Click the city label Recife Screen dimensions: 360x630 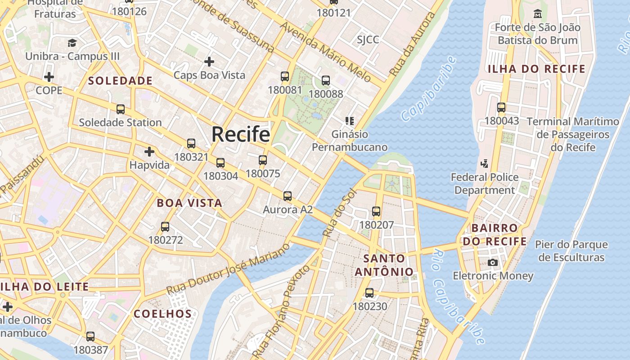point(241,134)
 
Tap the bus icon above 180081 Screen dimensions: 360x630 point(285,76)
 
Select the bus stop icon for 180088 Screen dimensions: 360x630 point(326,81)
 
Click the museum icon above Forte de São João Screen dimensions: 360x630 point(537,14)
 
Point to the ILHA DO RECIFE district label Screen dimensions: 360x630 point(537,69)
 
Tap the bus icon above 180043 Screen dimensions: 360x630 point(501,108)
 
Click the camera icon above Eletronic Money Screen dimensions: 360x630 point(493,262)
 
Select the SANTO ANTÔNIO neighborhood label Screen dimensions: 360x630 point(384,265)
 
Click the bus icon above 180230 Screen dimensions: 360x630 point(369,293)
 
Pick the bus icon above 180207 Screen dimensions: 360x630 point(376,211)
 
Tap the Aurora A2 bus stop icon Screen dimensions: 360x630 point(288,196)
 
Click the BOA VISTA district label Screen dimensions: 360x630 point(189,203)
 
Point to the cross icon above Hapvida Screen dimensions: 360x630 point(149,152)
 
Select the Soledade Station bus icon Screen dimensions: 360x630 point(121,109)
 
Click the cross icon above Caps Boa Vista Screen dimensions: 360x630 point(209,61)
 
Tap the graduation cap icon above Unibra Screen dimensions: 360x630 point(72,43)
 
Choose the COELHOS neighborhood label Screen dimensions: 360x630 point(163,314)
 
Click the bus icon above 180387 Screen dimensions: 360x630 point(90,337)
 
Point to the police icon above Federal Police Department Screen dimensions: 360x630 point(485,164)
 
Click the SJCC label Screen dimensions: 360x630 point(368,40)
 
